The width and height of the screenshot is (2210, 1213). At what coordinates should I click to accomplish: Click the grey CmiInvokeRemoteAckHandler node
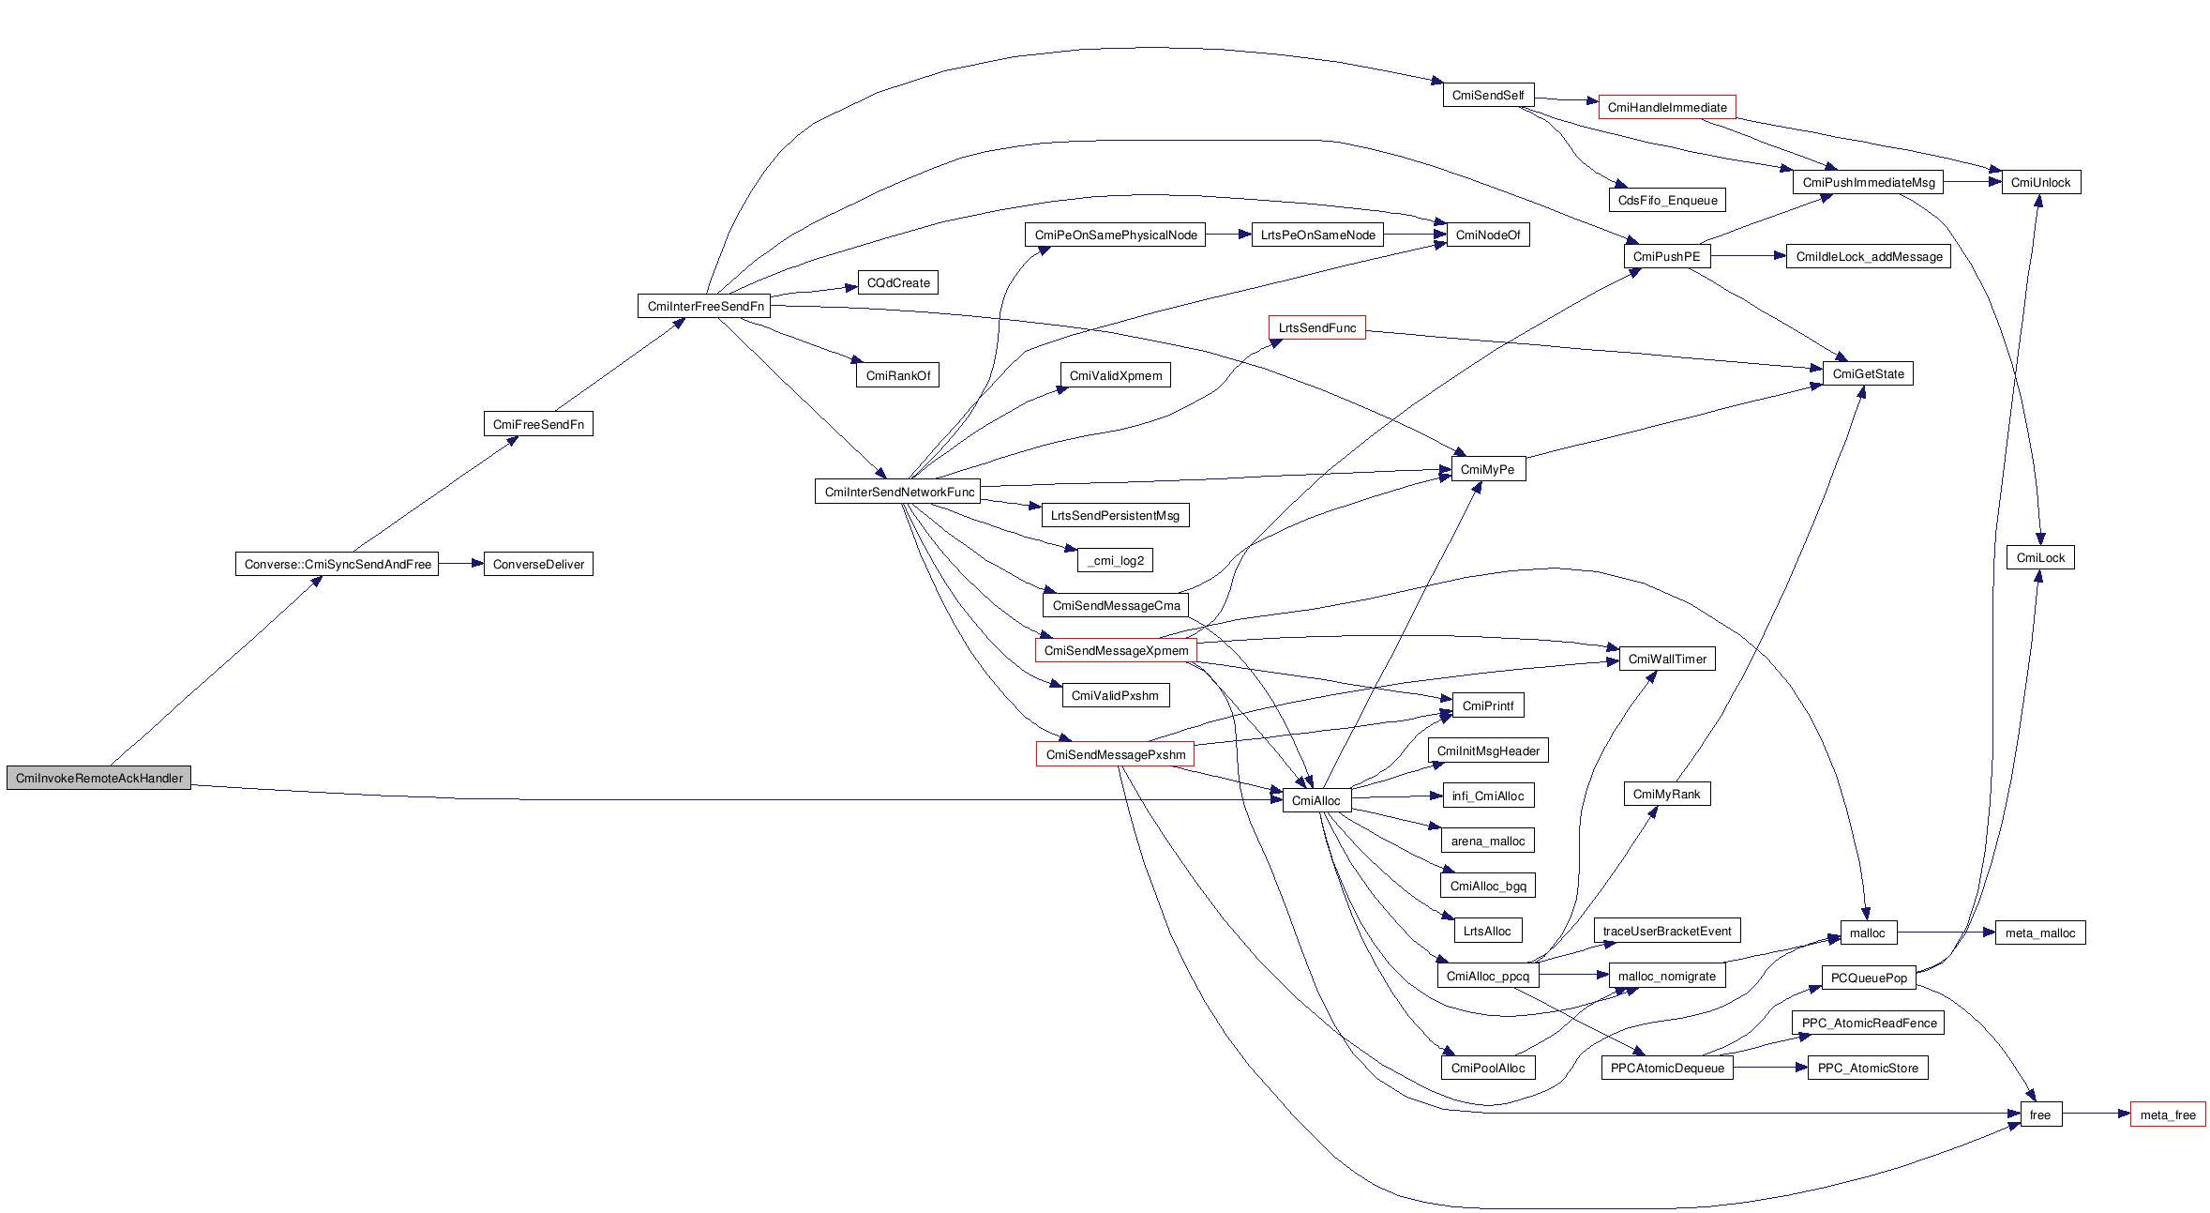98,778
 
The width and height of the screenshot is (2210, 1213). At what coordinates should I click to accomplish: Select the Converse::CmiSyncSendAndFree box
337,564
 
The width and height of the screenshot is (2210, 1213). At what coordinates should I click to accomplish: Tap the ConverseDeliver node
538,564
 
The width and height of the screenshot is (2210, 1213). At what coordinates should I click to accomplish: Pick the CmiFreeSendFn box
538,424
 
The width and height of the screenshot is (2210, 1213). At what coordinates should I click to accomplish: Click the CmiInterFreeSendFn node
705,306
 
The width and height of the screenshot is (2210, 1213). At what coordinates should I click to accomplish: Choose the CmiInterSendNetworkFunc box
898,492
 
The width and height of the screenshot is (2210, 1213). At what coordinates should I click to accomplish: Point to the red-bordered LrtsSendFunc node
1316,327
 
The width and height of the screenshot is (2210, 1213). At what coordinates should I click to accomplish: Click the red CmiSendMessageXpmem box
1116,650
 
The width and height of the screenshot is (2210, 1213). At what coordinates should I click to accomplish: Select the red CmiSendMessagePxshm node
1115,754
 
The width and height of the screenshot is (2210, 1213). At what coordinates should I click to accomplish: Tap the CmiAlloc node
1315,800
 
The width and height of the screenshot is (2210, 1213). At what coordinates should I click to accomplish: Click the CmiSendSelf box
1488,95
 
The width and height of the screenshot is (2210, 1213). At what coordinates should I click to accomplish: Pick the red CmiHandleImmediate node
1666,107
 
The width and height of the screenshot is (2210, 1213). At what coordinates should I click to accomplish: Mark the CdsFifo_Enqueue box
1667,200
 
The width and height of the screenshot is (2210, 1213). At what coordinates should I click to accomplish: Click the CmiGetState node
1868,373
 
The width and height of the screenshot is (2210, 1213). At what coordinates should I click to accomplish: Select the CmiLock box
2040,557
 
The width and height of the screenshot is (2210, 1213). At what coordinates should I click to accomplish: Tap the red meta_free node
2167,1114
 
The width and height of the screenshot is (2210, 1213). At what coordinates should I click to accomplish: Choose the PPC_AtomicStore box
1867,1068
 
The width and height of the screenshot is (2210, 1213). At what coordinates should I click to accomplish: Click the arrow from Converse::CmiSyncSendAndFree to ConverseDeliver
460,564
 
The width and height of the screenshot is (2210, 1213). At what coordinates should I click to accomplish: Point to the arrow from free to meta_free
2096,1114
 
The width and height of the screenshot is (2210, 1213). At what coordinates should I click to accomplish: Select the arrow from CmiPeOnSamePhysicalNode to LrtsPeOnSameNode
1228,235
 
